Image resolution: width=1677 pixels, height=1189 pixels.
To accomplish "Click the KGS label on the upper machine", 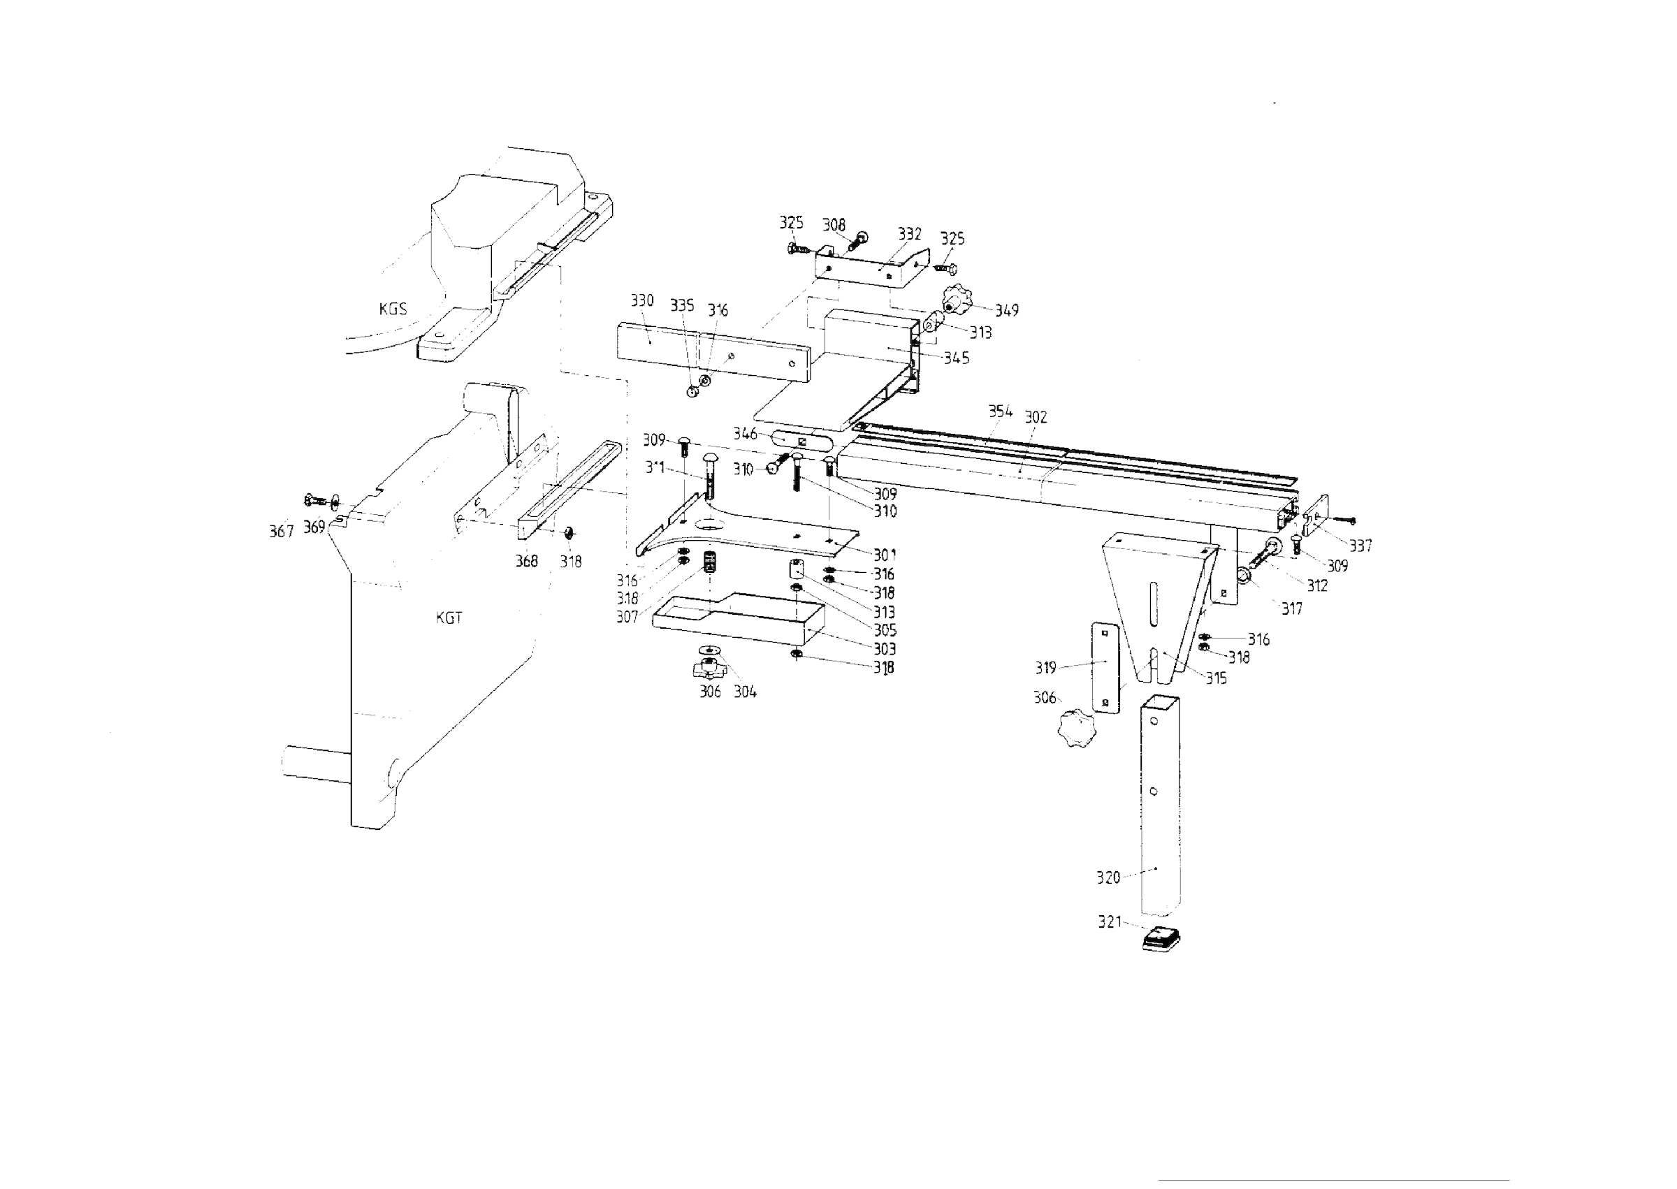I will pos(393,309).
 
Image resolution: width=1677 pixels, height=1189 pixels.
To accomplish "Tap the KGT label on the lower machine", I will pos(449,618).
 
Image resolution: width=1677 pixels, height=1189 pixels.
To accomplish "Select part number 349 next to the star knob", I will pos(1006,310).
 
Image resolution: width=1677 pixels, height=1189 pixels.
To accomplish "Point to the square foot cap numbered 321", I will pos(1161,939).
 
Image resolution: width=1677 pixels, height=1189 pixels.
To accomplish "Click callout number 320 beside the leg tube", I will pos(1108,878).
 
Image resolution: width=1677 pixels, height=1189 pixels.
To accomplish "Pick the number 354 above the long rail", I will pos(1001,411).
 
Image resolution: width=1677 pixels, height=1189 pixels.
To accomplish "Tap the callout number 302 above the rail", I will pos(1036,417).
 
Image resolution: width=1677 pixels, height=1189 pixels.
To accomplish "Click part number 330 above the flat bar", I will pos(642,301).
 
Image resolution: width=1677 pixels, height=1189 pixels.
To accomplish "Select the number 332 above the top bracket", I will pos(910,234).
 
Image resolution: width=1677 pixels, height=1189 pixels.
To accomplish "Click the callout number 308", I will pos(834,225).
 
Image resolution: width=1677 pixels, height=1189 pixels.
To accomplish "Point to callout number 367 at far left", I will pos(281,532).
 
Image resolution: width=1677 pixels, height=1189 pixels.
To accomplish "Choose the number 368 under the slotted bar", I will pos(527,562).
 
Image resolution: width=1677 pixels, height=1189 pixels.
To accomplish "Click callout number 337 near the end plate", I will pos(1360,546).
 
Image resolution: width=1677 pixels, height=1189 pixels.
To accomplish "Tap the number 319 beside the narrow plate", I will pos(1045,668).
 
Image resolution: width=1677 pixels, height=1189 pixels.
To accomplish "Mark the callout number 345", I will pos(957,358).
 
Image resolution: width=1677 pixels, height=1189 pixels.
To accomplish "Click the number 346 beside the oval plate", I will pos(745,434).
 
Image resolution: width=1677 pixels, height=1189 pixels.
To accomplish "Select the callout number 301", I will pos(884,555).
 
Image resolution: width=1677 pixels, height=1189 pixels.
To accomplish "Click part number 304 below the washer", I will pos(745,692).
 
